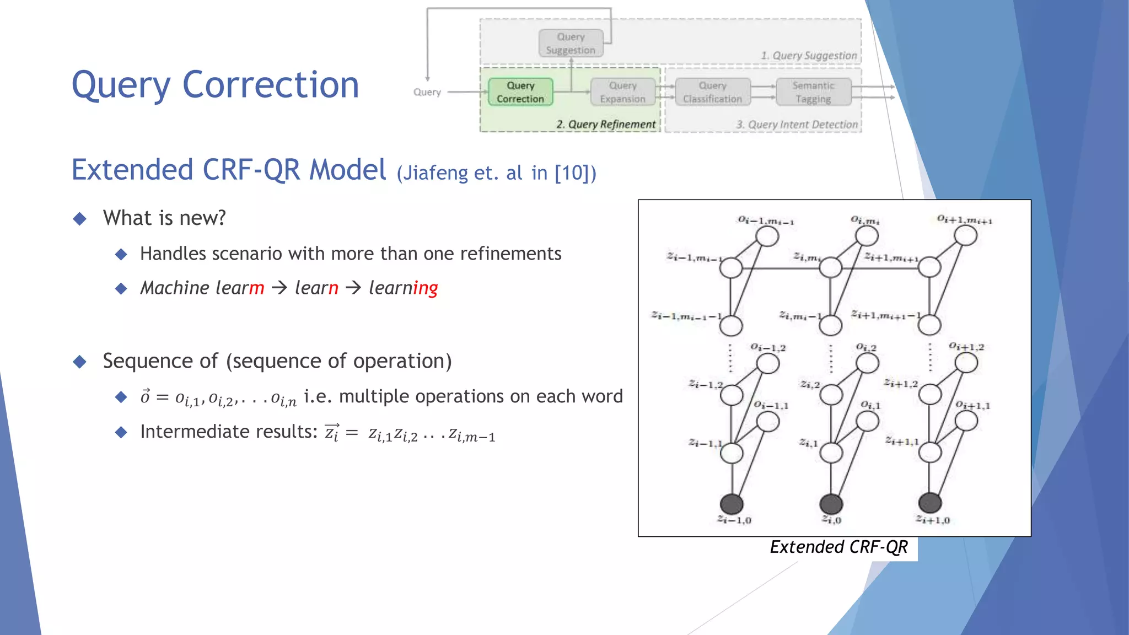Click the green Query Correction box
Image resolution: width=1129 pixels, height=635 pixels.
tap(520, 92)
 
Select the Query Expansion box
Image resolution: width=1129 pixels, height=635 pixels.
tap(622, 92)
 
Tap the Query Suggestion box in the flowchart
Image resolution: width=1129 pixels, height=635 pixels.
tap(571, 44)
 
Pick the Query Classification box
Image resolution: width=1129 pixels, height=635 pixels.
tap(712, 92)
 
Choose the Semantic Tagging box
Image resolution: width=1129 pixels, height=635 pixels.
tap(813, 92)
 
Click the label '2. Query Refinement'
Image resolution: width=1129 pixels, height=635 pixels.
tap(606, 125)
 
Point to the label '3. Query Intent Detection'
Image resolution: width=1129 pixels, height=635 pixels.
tap(797, 125)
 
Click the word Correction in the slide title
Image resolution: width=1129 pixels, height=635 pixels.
tap(270, 85)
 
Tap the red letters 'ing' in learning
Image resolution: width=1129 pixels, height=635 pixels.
tap(425, 288)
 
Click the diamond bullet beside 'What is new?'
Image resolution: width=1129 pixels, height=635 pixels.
tap(80, 219)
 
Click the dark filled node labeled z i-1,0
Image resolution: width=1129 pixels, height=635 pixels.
tap(732, 503)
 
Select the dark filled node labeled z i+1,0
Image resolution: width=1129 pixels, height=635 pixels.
tap(930, 502)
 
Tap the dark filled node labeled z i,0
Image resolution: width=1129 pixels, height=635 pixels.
tap(831, 503)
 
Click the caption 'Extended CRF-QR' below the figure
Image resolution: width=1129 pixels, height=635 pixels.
tap(838, 547)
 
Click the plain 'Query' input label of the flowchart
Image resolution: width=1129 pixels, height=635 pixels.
tap(427, 92)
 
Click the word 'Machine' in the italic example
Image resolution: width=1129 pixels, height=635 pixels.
tap(175, 288)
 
